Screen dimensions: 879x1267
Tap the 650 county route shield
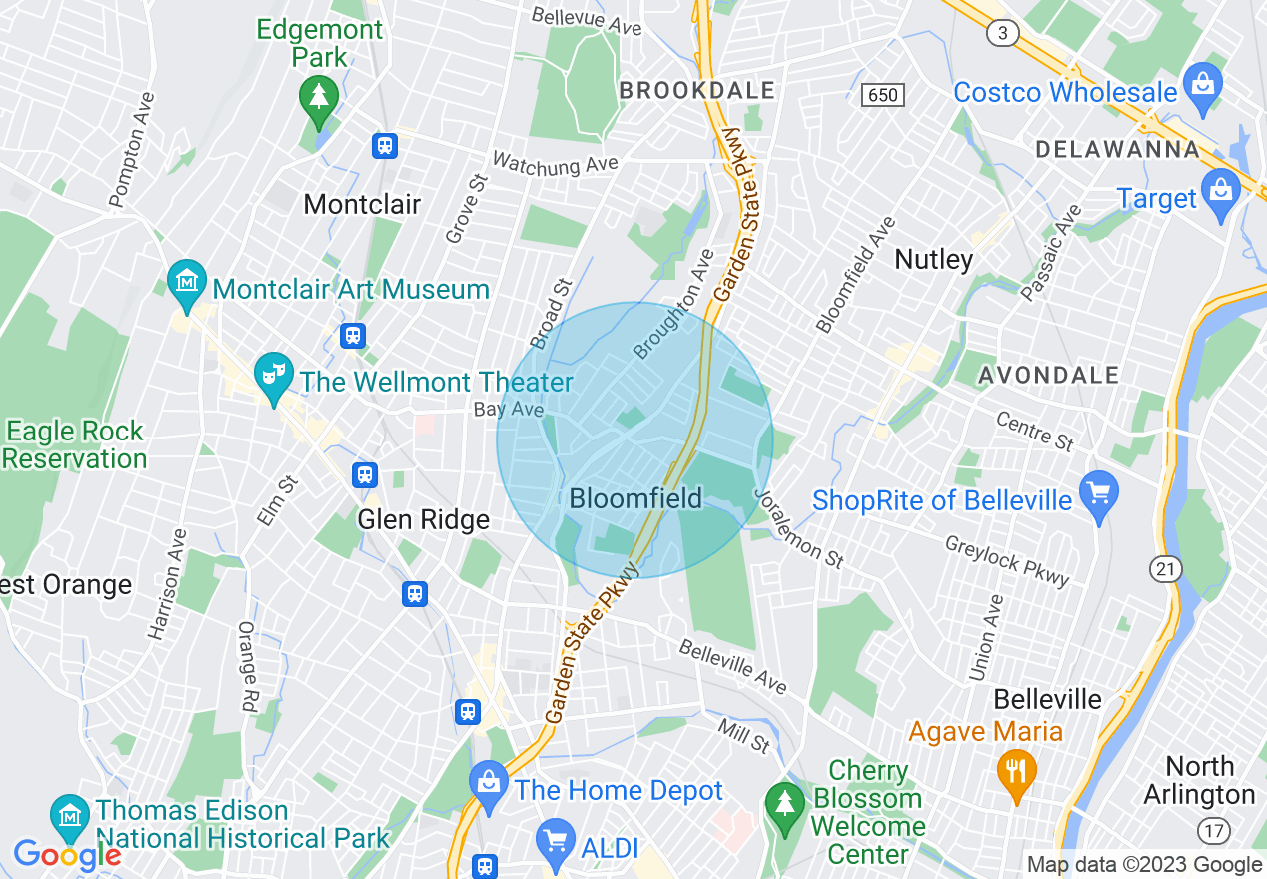click(x=884, y=95)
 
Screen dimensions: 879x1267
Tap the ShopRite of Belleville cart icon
click(x=1098, y=494)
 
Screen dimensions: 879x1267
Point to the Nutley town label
click(x=933, y=260)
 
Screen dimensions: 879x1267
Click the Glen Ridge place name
click(x=424, y=520)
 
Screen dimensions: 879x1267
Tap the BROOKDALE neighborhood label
click(x=696, y=91)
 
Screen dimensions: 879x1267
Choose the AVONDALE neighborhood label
click(x=1048, y=376)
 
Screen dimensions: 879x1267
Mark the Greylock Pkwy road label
click(x=1007, y=560)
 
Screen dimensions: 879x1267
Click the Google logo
click(x=66, y=855)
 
